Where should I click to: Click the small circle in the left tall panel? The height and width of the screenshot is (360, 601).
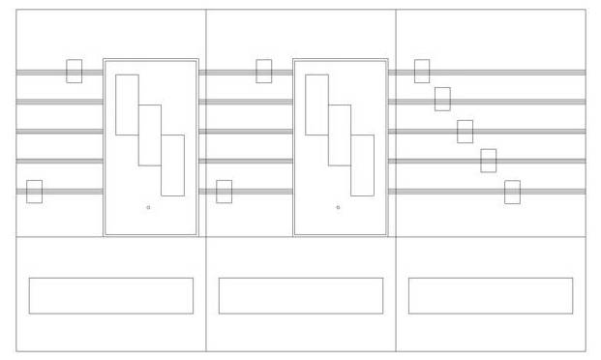pos(148,207)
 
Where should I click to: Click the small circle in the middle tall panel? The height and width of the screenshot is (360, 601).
pos(338,207)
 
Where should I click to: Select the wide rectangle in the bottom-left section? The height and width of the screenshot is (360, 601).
pos(110,295)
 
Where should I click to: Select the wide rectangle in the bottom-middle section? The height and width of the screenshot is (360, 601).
pos(300,295)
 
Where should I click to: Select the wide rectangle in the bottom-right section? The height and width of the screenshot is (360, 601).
pos(490,295)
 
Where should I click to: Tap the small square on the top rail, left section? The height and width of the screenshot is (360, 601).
pos(74,71)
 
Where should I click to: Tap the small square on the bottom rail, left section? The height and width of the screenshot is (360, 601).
pos(34,192)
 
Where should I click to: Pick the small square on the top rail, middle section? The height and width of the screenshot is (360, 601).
pos(263,71)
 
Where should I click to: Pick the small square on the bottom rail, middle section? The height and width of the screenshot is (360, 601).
pos(224,192)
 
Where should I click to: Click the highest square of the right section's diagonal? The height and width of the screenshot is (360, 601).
pos(421,71)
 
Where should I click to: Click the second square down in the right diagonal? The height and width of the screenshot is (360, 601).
pos(442,99)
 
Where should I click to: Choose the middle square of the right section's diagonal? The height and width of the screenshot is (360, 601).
pos(465,131)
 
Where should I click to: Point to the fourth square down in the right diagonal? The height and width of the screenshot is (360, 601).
pos(488,161)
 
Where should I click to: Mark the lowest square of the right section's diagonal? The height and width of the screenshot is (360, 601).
pos(512,192)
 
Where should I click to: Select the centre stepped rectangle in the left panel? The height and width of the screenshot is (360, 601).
pos(149,135)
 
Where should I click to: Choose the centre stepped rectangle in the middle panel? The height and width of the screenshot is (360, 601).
pos(339,135)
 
